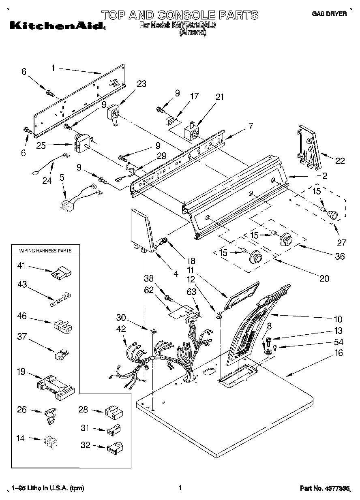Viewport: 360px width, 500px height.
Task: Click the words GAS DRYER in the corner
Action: [x=329, y=14]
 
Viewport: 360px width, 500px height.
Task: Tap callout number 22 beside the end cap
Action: [x=340, y=160]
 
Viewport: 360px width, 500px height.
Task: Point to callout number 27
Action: [x=342, y=242]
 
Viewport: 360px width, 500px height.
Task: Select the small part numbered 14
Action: [x=49, y=440]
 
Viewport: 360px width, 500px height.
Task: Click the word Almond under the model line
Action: [x=193, y=32]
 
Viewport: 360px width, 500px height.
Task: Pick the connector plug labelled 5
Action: [x=66, y=204]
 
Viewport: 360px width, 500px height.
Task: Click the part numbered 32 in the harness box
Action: [x=115, y=447]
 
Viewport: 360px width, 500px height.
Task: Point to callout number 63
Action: [x=192, y=291]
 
